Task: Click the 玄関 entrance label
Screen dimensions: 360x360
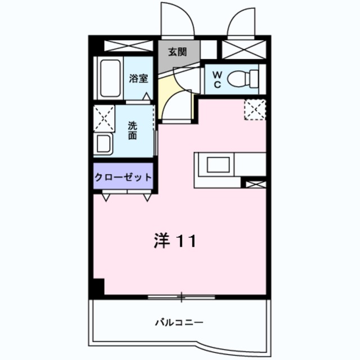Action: pos(177,52)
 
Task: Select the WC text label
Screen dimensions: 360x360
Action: pos(217,79)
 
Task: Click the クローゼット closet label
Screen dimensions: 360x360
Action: pos(123,177)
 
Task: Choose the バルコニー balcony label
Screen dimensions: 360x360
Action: pos(179,323)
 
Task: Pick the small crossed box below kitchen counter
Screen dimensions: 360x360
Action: pos(254,183)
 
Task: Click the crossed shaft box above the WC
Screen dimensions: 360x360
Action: pos(244,49)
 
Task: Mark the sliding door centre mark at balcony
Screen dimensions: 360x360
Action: pos(181,295)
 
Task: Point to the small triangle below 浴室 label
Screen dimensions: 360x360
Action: pos(146,96)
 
